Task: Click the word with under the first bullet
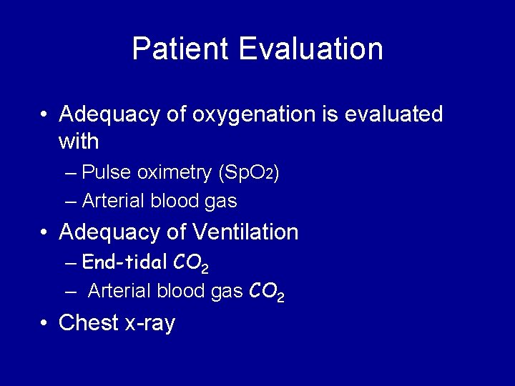(79, 142)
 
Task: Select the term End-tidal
(125, 262)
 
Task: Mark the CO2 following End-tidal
(191, 264)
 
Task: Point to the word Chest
(89, 323)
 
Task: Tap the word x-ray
(149, 324)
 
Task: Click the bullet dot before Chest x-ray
(45, 323)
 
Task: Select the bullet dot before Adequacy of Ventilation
(45, 232)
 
